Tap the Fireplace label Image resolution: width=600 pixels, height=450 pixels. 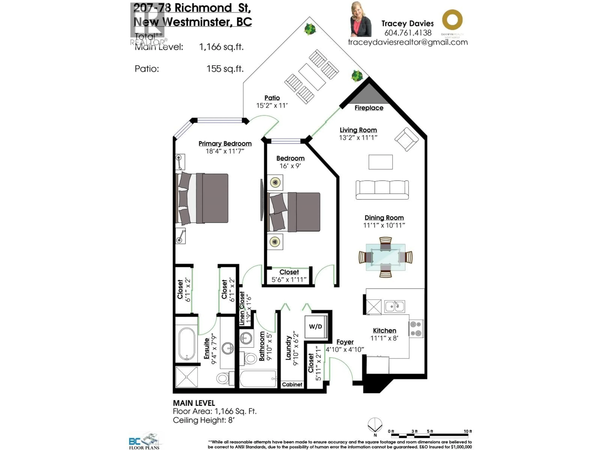coord(369,108)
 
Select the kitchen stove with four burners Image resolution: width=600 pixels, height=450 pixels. coord(416,328)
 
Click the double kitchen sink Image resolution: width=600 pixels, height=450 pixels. coord(394,307)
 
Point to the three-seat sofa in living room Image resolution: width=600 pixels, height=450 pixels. coord(382,190)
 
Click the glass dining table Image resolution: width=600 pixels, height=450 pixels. coord(385,257)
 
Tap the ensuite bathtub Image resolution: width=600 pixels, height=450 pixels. coord(187,344)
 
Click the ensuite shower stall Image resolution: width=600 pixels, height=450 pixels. coord(187,377)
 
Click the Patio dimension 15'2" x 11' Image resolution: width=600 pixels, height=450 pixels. coord(272,105)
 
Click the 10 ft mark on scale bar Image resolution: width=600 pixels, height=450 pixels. coord(468,431)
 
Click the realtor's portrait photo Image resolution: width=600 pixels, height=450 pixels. coord(361,20)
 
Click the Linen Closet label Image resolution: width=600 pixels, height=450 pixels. coord(242,308)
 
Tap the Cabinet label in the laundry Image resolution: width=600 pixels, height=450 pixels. coord(292,384)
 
